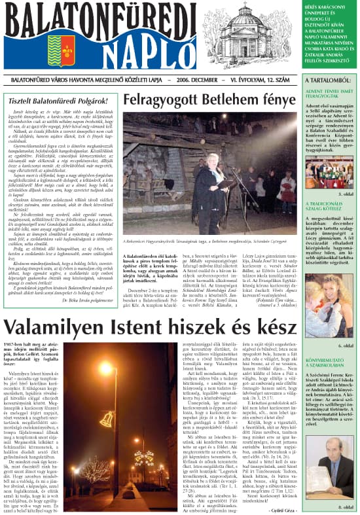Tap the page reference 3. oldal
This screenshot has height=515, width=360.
coord(344,194)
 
